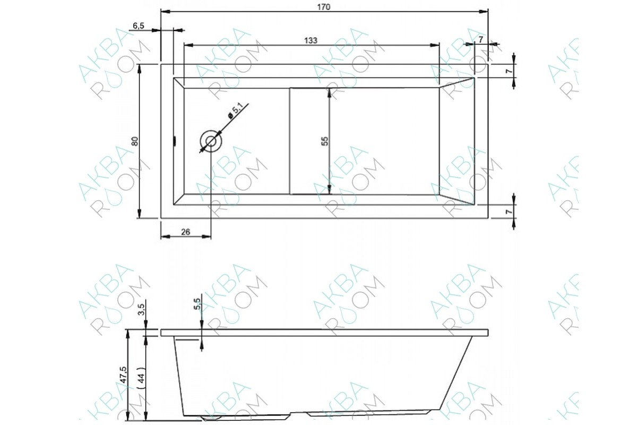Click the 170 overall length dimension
coord(324,7)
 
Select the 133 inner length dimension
coord(311,41)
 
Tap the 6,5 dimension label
coord(139,26)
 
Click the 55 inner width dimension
coord(325,141)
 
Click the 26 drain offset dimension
coord(185,232)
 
